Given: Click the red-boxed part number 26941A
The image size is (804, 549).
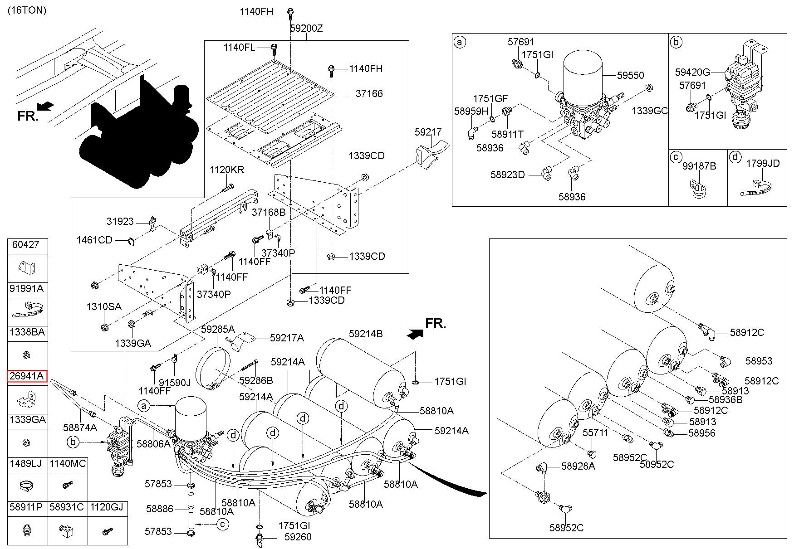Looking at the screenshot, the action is tap(27, 376).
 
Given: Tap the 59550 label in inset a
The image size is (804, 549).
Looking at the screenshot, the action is tap(630, 75).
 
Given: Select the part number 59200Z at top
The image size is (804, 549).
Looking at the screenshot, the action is tap(306, 28).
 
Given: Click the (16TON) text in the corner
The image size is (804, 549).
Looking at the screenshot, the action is tap(26, 10).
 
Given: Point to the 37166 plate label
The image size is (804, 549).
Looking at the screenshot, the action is tap(369, 93).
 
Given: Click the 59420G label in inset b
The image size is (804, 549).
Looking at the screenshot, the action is tap(692, 72).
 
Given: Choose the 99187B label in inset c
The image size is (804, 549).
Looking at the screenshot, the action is tap(699, 166).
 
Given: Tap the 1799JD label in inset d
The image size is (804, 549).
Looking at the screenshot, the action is tap(763, 163).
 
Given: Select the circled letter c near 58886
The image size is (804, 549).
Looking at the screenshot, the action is tap(223, 525).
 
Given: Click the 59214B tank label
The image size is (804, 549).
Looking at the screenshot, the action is tap(366, 334).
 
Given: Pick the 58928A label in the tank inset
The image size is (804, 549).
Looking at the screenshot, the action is tap(578, 466).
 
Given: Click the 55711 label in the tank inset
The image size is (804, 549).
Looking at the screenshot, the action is tap(595, 433).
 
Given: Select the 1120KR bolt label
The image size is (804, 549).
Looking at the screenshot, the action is tap(226, 170).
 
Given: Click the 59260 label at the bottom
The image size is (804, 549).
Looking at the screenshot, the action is tap(298, 537).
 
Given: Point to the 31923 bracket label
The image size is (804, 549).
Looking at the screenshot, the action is tap(120, 222).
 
